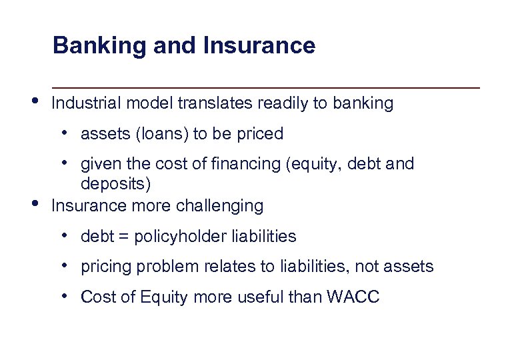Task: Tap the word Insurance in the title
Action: click(x=259, y=46)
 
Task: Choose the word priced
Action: click(x=261, y=134)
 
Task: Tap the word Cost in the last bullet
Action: click(x=95, y=297)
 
